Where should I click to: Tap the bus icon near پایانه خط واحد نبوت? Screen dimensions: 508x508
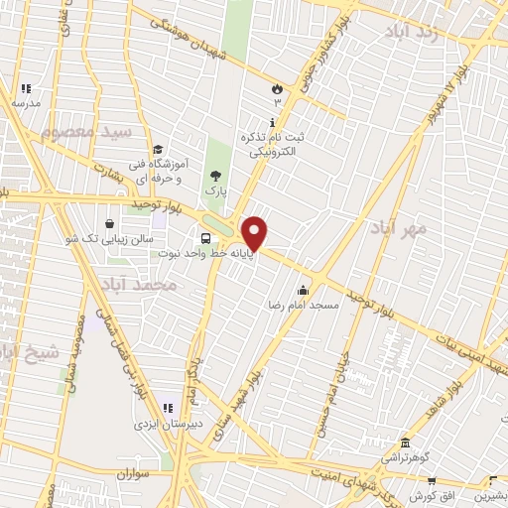click(x=204, y=238)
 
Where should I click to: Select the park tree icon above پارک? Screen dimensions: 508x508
click(x=215, y=175)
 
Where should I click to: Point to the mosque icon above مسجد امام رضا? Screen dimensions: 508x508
click(x=303, y=291)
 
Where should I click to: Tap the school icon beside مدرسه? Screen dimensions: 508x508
click(x=27, y=88)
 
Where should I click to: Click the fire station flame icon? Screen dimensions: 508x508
click(x=276, y=88)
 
